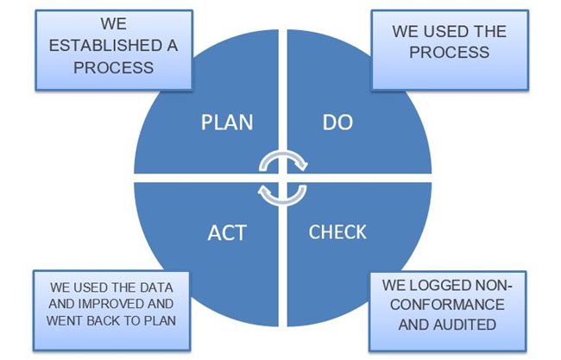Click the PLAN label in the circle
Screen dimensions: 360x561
pyautogui.click(x=227, y=122)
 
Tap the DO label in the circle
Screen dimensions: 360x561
pyautogui.click(x=337, y=122)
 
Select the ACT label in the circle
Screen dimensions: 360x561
pyautogui.click(x=228, y=232)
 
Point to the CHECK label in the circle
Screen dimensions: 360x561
pyautogui.click(x=337, y=232)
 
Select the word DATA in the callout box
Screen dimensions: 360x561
pyautogui.click(x=145, y=287)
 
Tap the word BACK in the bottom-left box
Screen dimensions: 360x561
pyautogui.click(x=104, y=321)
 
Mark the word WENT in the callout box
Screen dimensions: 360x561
pyautogui.click(x=67, y=321)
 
